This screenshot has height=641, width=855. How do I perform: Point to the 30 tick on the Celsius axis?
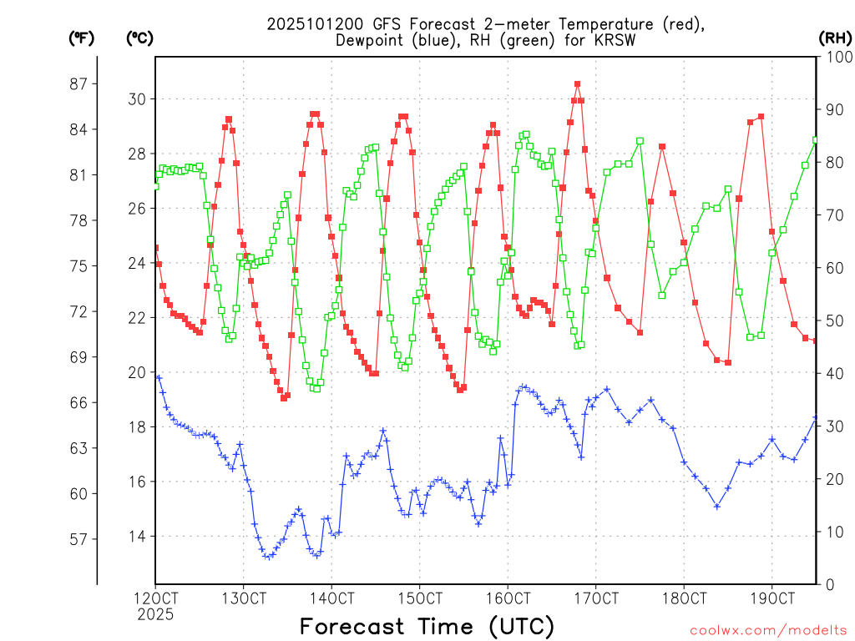pos(136,99)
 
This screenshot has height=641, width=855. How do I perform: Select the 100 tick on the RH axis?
pos(835,57)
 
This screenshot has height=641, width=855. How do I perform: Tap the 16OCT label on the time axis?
pos(508,598)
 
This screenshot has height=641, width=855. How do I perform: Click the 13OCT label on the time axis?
pos(243,598)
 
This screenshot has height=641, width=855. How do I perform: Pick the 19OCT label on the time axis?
pos(772,598)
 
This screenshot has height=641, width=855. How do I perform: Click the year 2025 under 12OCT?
pos(155,614)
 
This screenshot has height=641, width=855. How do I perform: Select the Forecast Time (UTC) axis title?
pos(427,626)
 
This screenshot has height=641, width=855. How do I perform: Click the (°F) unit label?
pos(81,38)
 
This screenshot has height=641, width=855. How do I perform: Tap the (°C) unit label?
pos(139,38)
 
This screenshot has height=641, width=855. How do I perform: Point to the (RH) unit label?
pos(835,38)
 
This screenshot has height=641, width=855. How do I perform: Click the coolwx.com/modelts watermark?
pos(768,629)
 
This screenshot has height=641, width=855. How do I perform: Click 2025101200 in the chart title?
pos(308,24)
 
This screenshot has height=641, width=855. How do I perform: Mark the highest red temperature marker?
pos(577,84)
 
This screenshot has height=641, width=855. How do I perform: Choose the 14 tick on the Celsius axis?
pos(136,537)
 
